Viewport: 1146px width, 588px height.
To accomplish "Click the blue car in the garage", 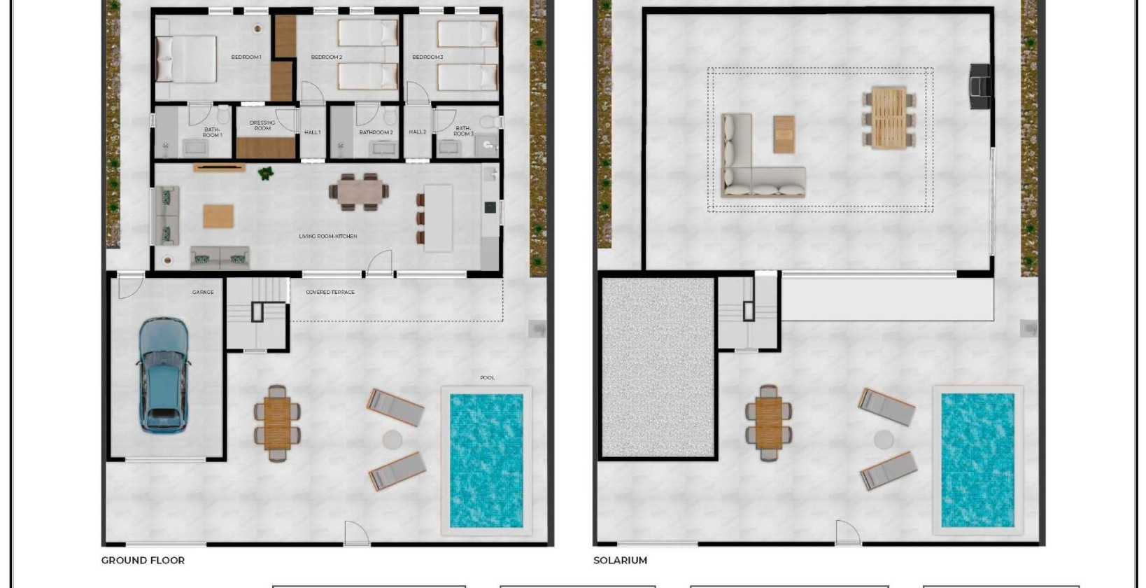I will (x=162, y=374).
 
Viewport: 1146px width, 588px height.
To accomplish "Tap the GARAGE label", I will (x=203, y=292).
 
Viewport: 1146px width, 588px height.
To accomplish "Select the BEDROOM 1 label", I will (x=246, y=57).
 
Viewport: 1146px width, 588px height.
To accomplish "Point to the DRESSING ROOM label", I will (x=262, y=125).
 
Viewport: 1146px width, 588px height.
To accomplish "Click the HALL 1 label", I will (x=313, y=132).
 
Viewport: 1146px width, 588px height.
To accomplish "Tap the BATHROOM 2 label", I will (x=376, y=132).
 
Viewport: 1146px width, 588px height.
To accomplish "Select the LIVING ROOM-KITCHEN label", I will (x=328, y=237).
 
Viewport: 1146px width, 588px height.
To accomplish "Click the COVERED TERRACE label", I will (x=330, y=292).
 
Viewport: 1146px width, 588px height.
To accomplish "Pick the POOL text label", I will (x=488, y=377).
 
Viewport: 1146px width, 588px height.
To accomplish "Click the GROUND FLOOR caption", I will (x=143, y=560).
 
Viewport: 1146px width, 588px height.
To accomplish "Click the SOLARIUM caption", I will (x=620, y=560).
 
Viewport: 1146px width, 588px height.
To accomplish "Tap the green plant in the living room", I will (x=266, y=173).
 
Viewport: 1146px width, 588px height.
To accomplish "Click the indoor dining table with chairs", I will (x=360, y=191).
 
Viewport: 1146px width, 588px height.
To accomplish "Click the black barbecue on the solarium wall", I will (x=980, y=85).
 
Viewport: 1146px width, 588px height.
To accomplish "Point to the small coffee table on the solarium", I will (x=784, y=134).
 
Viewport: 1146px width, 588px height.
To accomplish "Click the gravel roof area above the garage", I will (x=658, y=367).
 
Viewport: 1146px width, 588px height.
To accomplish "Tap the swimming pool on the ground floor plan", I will (x=486, y=460).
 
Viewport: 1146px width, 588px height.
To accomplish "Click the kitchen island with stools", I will (x=437, y=218).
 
